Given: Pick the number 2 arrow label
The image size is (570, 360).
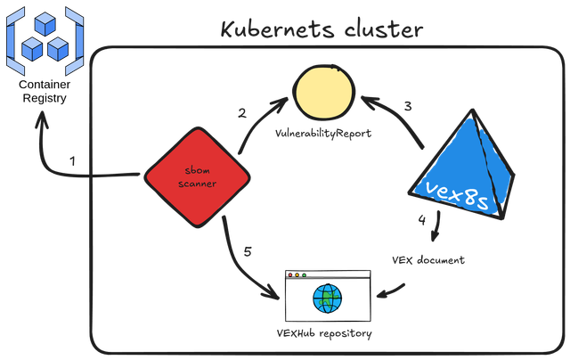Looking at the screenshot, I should coord(241,112).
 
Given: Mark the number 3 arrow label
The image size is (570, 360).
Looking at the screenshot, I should coord(408,105).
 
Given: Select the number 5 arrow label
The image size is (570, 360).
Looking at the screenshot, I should coord(247,253).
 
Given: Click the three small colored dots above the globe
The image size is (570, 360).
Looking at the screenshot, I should coord(297,274).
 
